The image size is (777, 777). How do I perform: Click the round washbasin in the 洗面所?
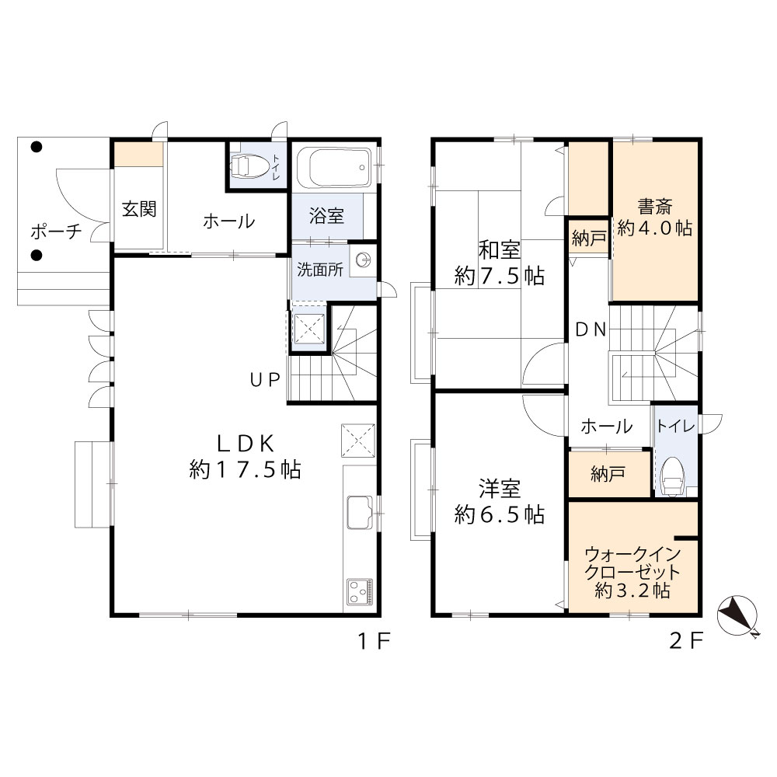coord(364,259)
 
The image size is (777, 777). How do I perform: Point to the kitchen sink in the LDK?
coord(359,512)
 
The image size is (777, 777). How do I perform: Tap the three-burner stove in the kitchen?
coord(360,591)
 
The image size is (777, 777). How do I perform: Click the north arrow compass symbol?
coord(738,616)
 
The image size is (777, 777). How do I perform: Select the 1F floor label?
coord(375,641)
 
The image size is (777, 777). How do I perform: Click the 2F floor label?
coord(686,641)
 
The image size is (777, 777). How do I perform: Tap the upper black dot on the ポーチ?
coord(37,147)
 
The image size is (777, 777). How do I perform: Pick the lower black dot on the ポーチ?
coord(37,255)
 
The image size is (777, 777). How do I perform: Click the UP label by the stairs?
coord(265,380)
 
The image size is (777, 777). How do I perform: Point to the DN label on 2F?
coord(591,329)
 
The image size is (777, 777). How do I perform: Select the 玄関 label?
coord(139,209)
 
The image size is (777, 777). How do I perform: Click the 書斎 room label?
coord(654,207)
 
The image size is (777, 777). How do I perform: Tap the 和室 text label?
coord(499,250)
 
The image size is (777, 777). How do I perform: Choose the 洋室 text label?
coord(499,489)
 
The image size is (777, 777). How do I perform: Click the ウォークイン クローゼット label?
coord(632,563)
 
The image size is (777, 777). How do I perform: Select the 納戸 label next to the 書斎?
coord(589,239)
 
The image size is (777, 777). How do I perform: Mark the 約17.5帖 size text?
coord(246,469)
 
